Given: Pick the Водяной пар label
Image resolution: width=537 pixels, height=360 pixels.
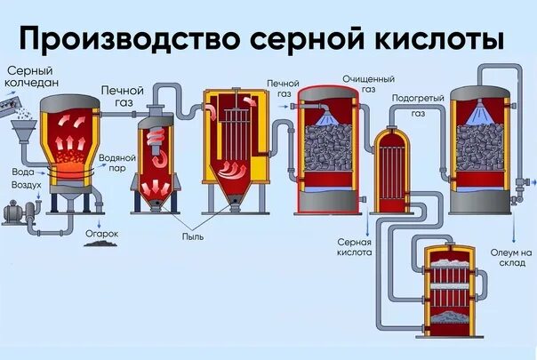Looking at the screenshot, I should point(116,162).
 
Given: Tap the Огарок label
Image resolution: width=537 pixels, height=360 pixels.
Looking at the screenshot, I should point(102,235).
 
